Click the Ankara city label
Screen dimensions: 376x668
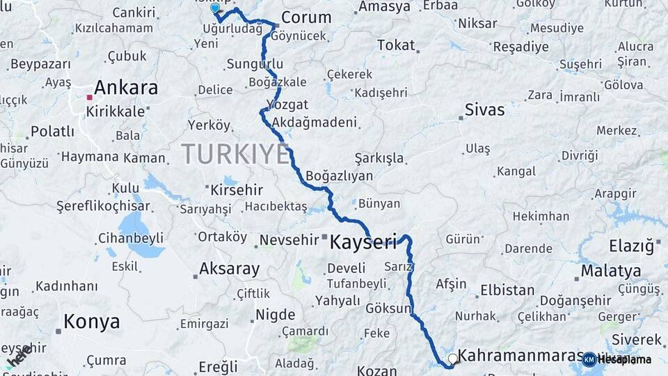[125, 88]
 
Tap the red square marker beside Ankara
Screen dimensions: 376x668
[89, 98]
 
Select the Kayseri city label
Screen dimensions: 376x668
[363, 242]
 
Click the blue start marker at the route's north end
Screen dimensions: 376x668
[215, 9]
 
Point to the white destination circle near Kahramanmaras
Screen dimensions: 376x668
[453, 359]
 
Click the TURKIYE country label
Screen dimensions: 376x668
[235, 153]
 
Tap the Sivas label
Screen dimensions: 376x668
[484, 110]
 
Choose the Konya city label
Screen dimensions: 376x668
[91, 322]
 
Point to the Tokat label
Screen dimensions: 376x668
[396, 46]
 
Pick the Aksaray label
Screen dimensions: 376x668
[229, 268]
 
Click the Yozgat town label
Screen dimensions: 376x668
[292, 105]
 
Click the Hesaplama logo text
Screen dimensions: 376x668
[624, 359]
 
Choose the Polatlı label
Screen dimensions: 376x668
[52, 131]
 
